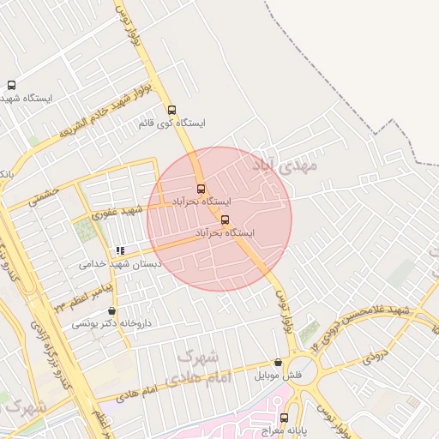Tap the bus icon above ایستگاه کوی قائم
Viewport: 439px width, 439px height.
click(172, 110)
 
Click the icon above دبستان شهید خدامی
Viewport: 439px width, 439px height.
click(120, 251)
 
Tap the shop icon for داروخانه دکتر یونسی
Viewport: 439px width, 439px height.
click(112, 310)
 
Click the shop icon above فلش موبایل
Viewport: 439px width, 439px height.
click(278, 363)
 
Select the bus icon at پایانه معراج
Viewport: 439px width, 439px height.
click(285, 418)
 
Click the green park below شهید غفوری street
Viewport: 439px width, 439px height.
click(85, 230)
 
